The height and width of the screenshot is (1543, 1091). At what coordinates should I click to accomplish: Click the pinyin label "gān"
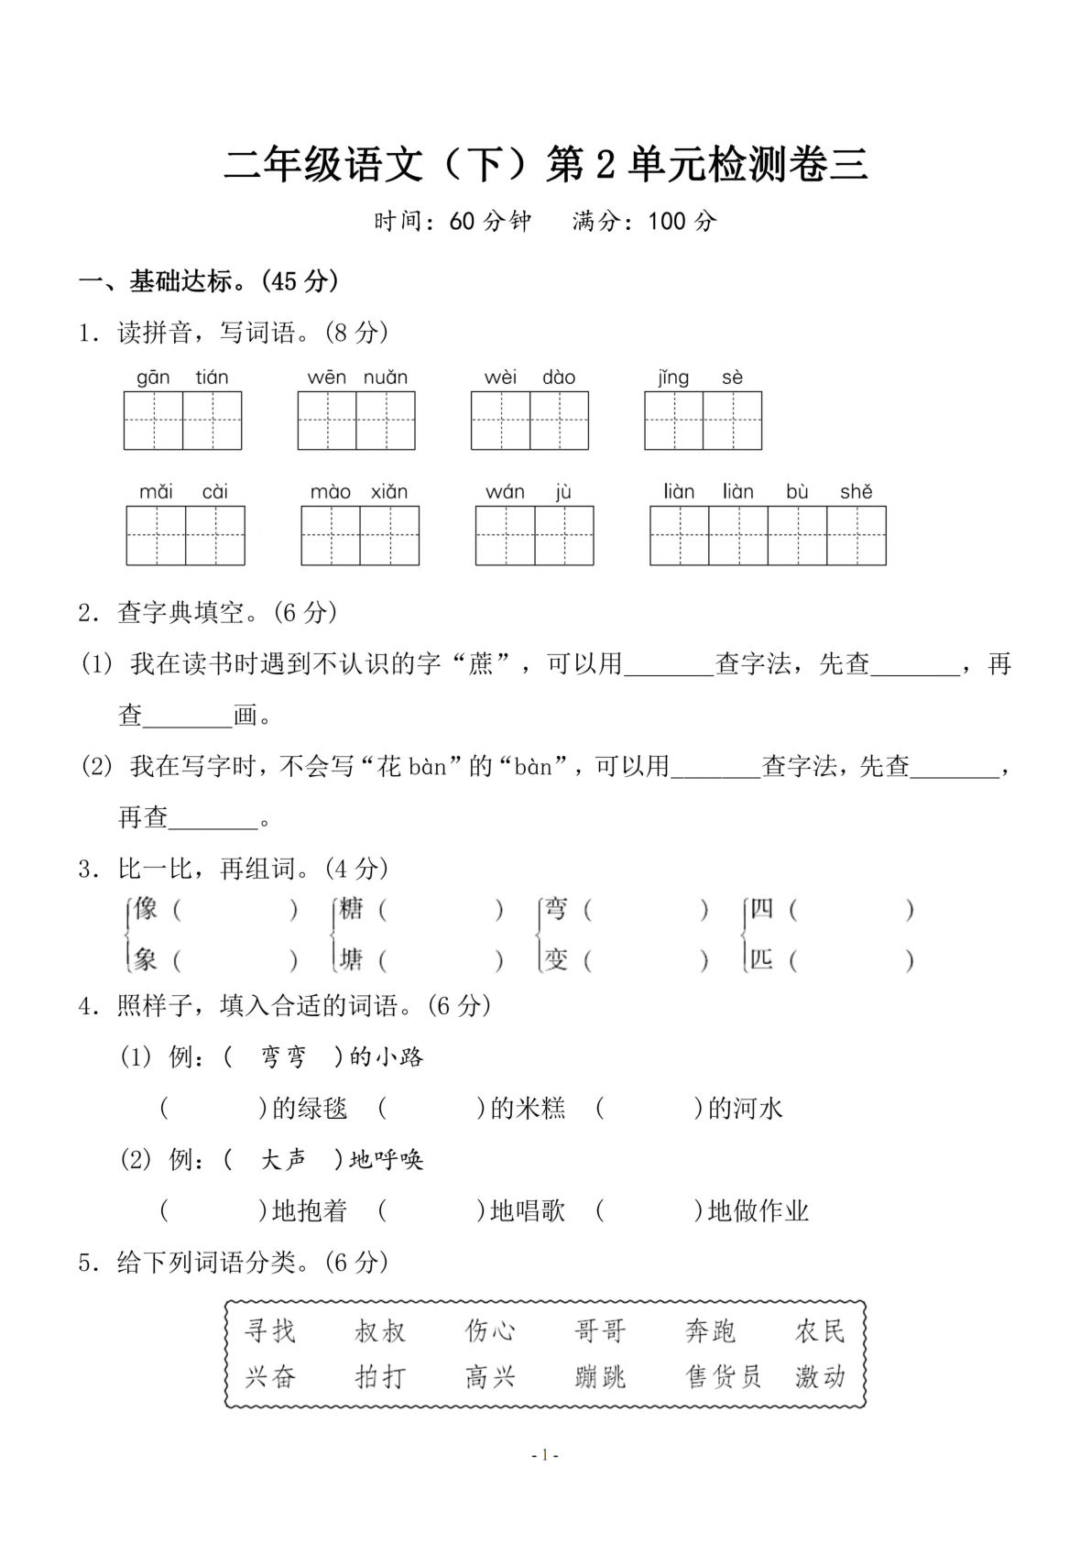point(153,378)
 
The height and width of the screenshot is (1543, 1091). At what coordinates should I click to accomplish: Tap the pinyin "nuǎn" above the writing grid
point(385,378)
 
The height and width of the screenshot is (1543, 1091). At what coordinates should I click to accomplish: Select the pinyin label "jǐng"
point(673,378)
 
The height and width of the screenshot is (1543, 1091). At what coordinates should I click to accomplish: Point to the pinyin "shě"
point(856,492)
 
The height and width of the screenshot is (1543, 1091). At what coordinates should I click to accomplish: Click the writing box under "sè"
point(732,421)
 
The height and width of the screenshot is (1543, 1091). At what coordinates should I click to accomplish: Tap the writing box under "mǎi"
point(157,535)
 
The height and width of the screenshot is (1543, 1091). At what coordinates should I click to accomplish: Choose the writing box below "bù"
point(797,535)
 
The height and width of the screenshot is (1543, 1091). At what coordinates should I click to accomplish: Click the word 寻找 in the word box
point(270,1330)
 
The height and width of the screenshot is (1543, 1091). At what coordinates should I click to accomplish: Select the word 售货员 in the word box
point(724,1376)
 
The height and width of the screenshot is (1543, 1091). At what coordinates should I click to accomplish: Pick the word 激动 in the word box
point(820,1376)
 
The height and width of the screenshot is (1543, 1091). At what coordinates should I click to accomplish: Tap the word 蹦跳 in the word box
point(600,1376)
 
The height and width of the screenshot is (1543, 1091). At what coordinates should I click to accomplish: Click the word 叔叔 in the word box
point(380,1330)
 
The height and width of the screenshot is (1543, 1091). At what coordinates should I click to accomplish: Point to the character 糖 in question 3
point(351,909)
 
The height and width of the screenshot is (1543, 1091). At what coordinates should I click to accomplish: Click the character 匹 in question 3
point(761,959)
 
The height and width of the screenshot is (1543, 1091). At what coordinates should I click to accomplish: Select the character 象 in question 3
point(146,959)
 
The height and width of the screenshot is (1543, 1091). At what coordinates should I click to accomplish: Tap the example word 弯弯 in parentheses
point(283,1057)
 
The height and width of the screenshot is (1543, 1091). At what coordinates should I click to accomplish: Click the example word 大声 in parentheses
point(283,1160)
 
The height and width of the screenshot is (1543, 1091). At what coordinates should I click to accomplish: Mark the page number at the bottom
point(545,1455)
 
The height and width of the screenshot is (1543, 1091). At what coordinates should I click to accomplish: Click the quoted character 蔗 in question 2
point(481,663)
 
